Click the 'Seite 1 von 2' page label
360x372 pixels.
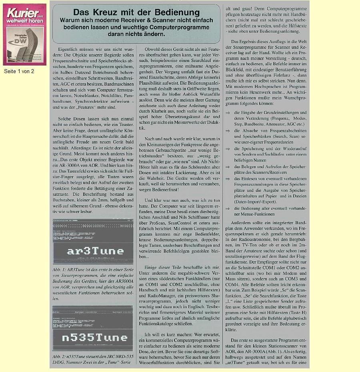(x=19, y=71)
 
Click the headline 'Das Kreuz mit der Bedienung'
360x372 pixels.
(x=136, y=13)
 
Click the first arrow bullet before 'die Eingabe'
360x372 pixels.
(x=228, y=113)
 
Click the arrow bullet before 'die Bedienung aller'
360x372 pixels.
(x=228, y=209)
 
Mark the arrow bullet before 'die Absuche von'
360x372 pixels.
(x=228, y=131)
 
